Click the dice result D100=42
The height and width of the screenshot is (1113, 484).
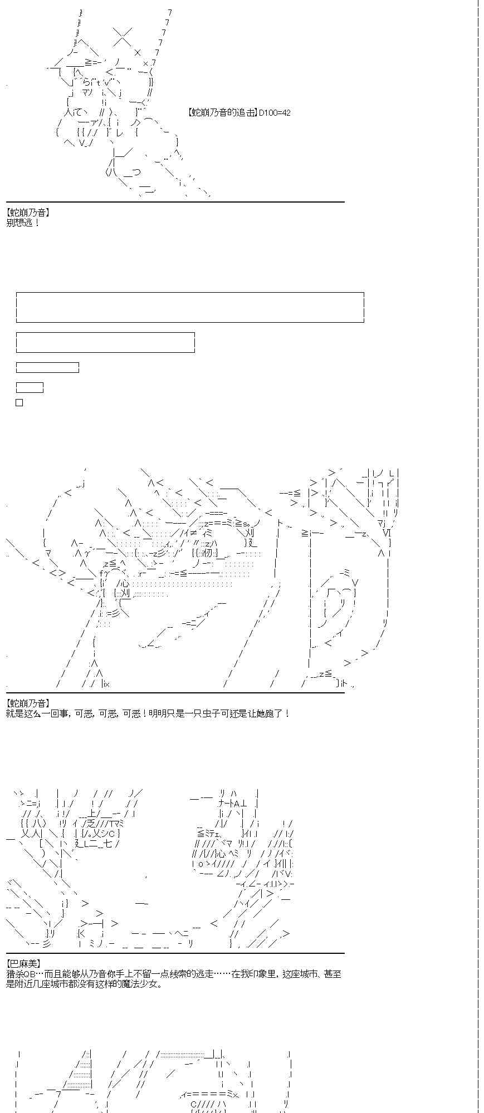tap(275, 113)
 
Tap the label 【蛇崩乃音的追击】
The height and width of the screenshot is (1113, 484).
tap(223, 113)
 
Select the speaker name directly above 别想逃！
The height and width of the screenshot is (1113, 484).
tap(28, 213)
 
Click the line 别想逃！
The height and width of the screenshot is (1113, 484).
tap(23, 223)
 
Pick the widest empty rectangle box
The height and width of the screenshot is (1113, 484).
tap(190, 307)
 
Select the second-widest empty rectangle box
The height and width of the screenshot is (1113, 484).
tap(105, 342)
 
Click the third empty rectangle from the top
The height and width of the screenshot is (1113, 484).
tap(47, 368)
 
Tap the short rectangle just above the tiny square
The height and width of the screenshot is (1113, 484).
tap(30, 388)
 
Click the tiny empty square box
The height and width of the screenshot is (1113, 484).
tap(19, 402)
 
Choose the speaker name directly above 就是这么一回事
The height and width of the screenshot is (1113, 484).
tap(28, 703)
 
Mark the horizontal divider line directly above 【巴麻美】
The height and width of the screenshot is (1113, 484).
tap(175, 953)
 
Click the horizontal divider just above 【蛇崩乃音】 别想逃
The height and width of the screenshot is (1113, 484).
tap(175, 202)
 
